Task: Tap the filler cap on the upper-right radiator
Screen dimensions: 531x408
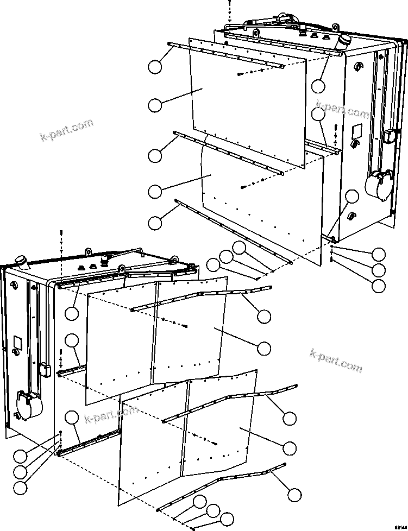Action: pyautogui.click(x=345, y=42)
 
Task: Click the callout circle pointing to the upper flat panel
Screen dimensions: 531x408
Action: pyautogui.click(x=155, y=105)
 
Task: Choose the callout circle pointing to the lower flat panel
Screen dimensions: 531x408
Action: pyautogui.click(x=155, y=191)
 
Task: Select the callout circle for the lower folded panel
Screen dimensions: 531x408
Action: pyautogui.click(x=290, y=448)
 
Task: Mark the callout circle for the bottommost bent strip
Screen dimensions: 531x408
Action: pyautogui.click(x=294, y=495)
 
